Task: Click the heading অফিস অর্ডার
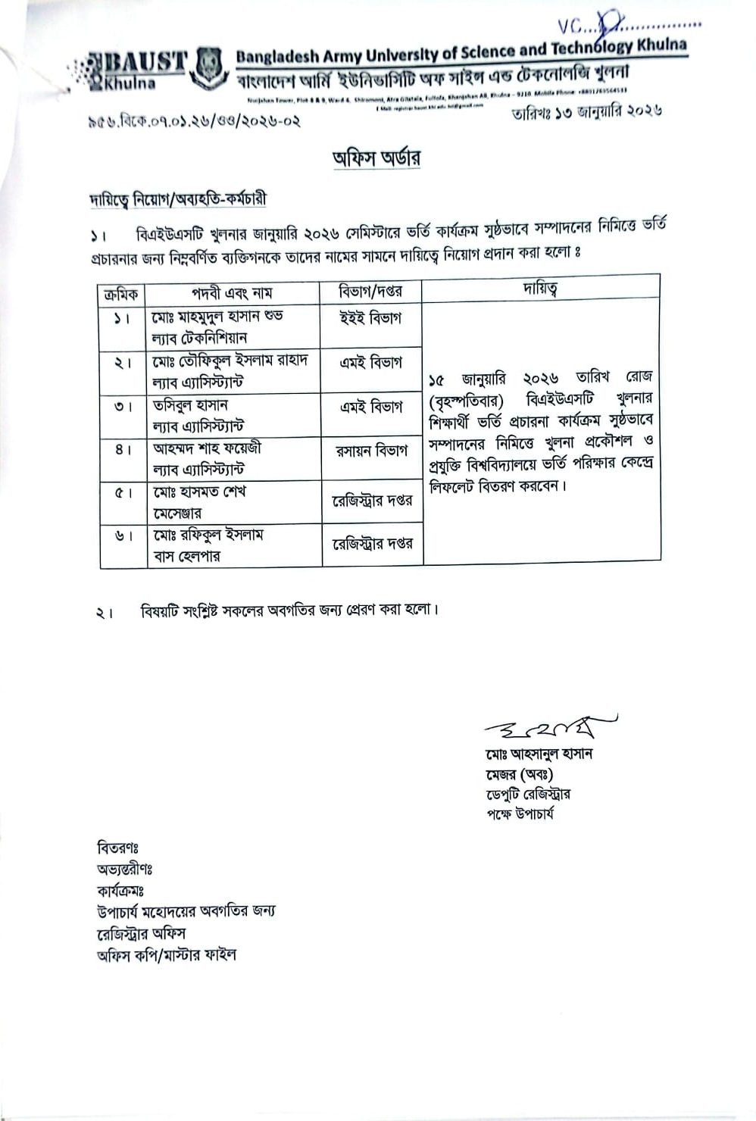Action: (376, 158)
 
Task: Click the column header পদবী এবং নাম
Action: (232, 292)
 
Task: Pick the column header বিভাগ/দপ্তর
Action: (371, 291)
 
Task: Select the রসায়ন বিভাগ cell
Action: (371, 451)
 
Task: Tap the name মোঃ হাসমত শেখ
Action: (199, 492)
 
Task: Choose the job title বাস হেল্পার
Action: (186, 557)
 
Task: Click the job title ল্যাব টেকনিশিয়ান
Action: (200, 338)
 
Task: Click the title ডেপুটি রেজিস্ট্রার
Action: (529, 795)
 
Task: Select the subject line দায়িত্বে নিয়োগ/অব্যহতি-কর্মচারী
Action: (177, 200)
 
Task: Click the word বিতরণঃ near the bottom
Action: (117, 847)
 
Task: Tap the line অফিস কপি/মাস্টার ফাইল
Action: (166, 955)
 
